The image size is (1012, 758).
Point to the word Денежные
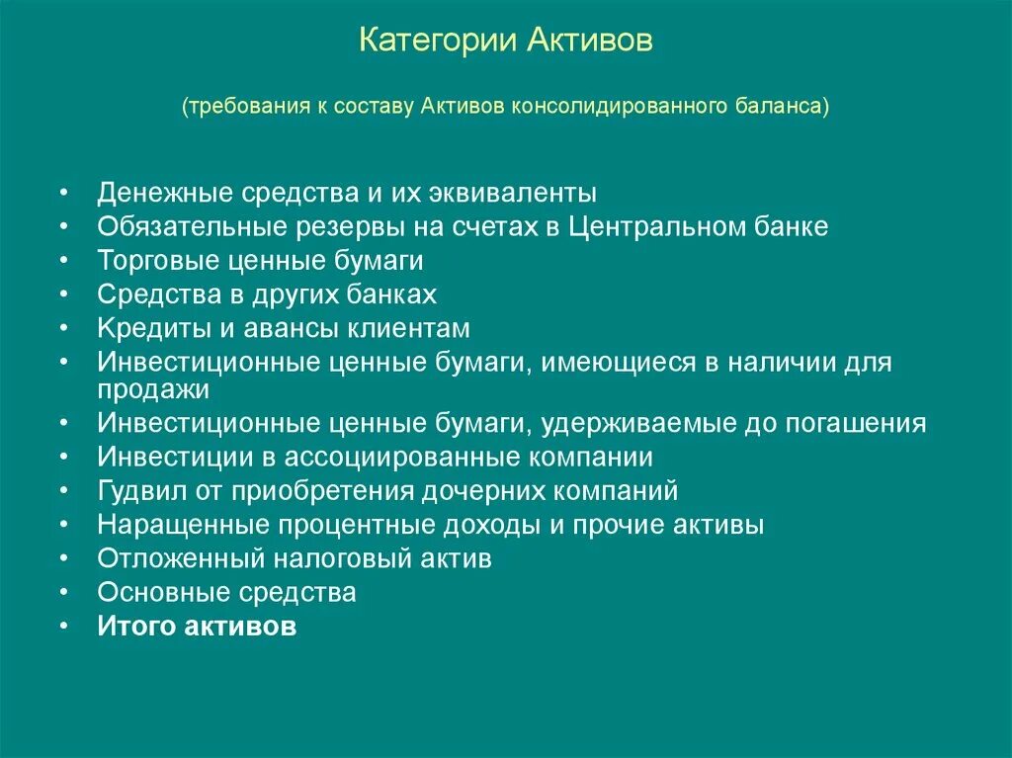coord(158,192)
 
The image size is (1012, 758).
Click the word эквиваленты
coord(512,192)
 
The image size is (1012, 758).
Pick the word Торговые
coord(151,261)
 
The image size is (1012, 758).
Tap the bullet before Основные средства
coord(63,593)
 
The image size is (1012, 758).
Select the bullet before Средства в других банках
coord(63,295)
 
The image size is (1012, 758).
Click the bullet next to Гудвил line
coord(63,491)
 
